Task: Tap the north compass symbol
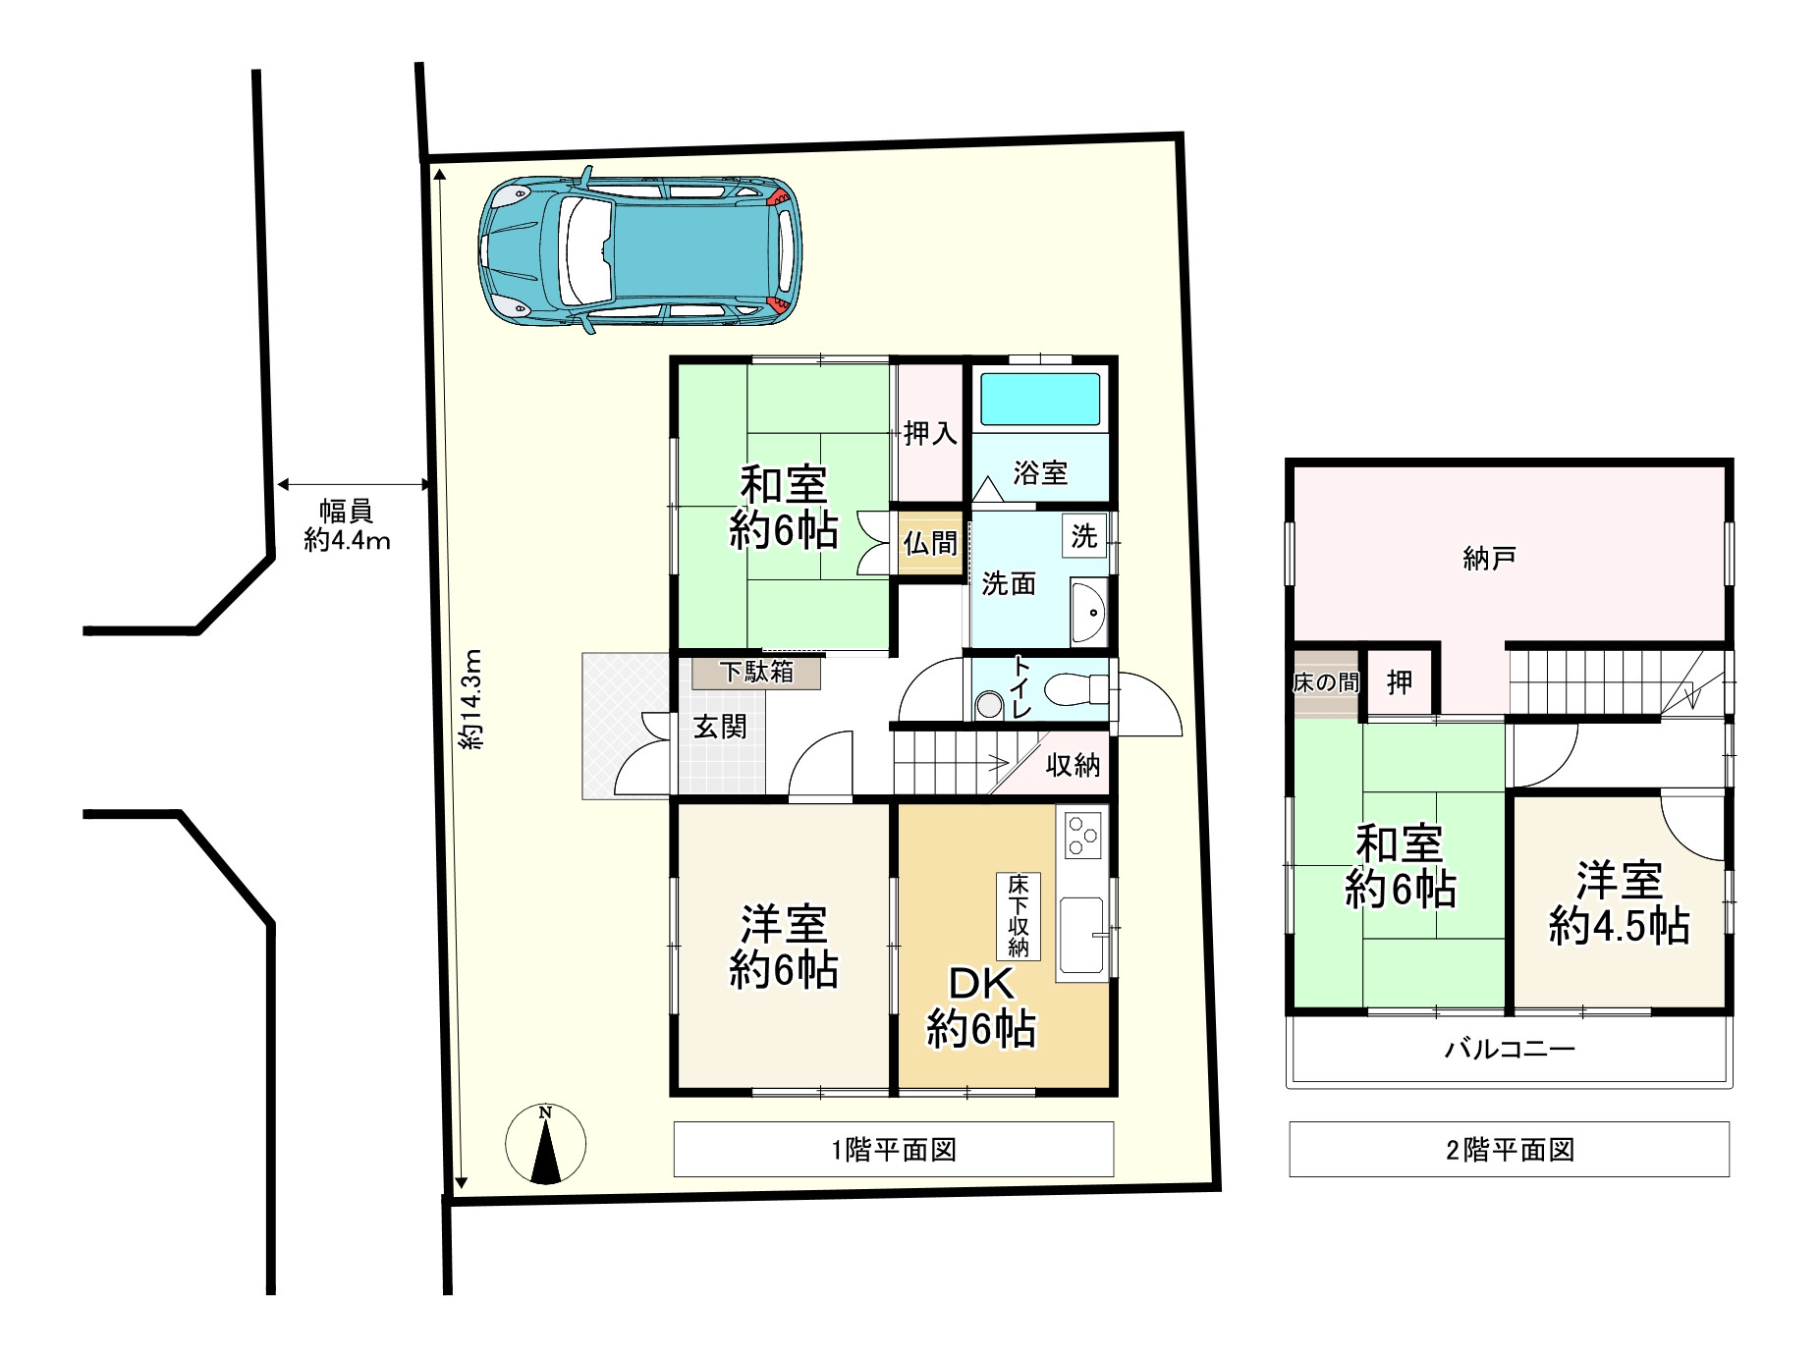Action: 545,1144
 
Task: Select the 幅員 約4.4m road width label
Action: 346,525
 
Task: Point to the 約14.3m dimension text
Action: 472,699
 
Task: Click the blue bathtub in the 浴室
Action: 1040,399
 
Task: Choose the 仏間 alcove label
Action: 929,543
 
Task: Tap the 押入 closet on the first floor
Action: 929,432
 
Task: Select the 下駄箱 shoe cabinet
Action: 756,673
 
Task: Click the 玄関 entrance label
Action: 720,728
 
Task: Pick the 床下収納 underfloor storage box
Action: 1018,916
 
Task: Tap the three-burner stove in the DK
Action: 1083,836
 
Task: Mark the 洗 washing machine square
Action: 1083,536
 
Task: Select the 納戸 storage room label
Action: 1489,560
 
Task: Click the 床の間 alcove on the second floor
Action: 1325,682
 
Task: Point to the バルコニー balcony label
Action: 1509,1050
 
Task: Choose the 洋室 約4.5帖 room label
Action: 1619,903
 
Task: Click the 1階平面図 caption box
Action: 893,1150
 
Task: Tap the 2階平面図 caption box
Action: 1509,1150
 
